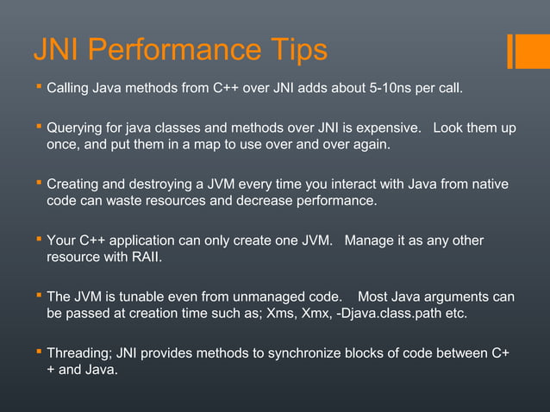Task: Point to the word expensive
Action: [x=390, y=128]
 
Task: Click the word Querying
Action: [x=76, y=128]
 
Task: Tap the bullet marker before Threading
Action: [x=38, y=353]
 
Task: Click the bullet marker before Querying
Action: [x=38, y=128]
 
